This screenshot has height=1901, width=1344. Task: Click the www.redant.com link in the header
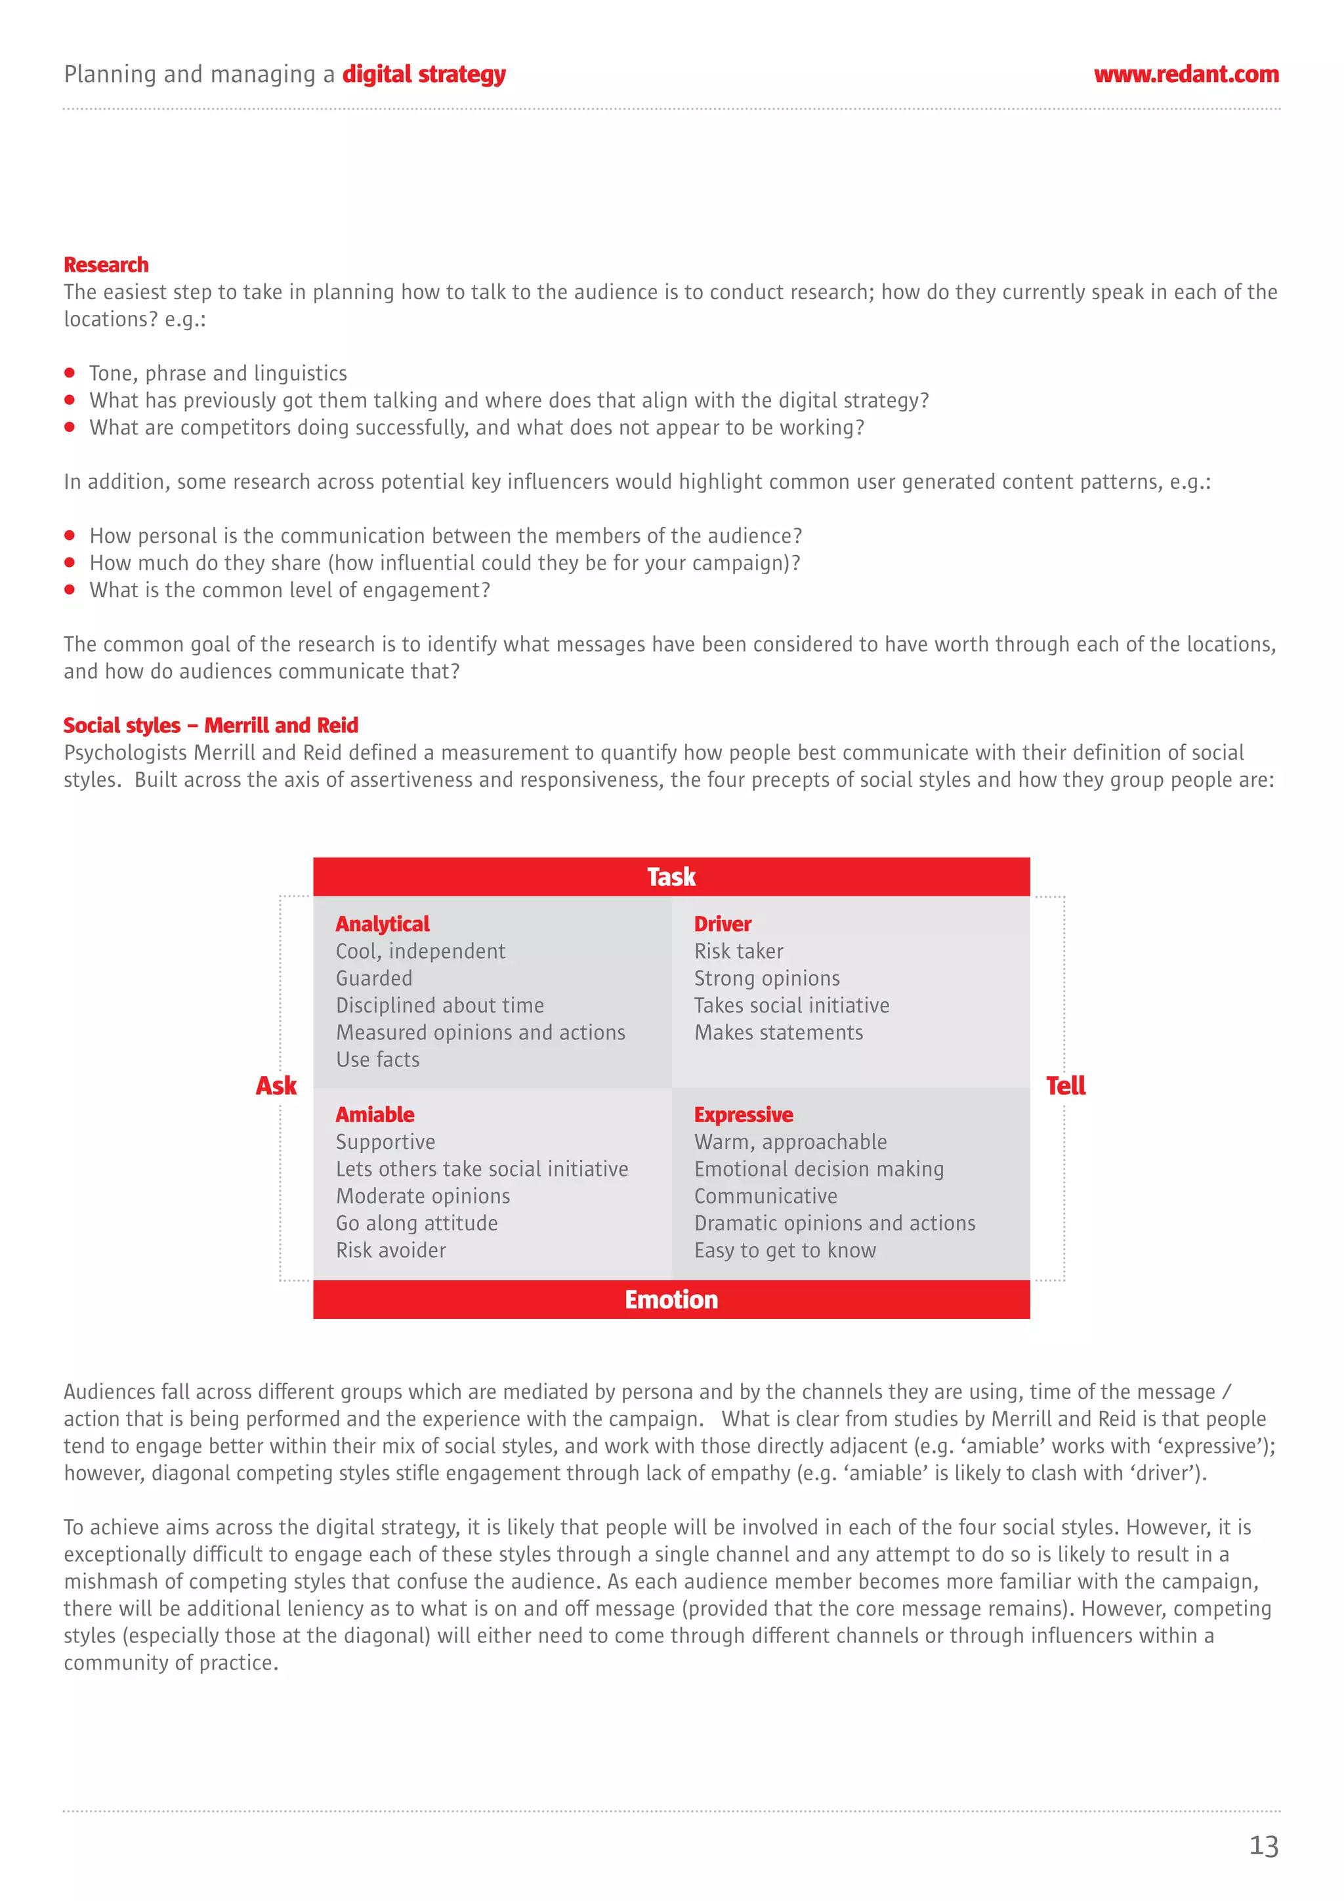1185,75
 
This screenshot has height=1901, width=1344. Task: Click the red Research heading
106,265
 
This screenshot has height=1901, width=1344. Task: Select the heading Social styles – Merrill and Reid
211,725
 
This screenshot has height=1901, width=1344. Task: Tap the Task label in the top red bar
671,877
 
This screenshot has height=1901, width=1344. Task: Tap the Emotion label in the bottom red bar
671,1299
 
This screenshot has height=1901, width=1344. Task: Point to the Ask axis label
276,1085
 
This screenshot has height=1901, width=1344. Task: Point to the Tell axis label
1065,1085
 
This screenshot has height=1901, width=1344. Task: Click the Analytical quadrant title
382,924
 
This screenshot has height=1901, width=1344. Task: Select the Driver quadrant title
722,924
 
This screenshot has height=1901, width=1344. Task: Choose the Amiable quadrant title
374,1114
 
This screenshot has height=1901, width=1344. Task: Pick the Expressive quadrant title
743,1114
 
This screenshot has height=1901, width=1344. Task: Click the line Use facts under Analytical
377,1060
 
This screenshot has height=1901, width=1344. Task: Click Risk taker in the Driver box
738,951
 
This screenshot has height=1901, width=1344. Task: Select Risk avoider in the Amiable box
391,1250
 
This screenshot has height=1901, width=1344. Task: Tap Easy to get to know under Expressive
784,1250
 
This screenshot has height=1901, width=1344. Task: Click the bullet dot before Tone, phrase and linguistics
70,373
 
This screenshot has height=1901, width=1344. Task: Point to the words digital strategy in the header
423,75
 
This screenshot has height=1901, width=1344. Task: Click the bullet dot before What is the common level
70,589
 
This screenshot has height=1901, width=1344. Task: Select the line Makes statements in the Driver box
778,1032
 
